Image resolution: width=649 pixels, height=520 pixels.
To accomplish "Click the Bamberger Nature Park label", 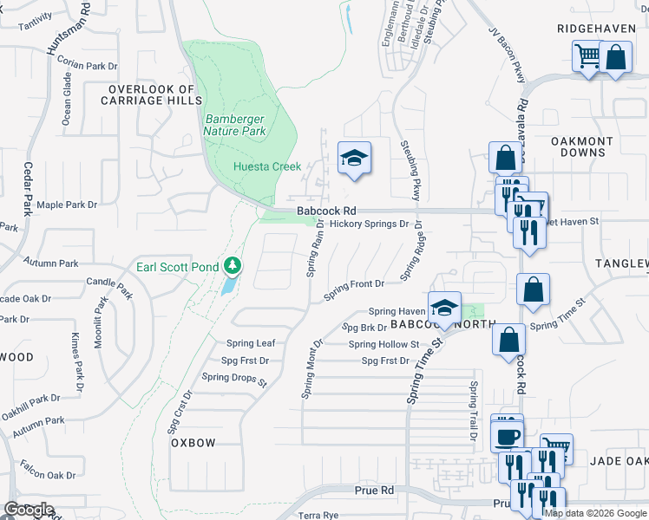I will pos(235,125).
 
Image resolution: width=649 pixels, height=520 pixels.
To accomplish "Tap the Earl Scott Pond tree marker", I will pos(232,265).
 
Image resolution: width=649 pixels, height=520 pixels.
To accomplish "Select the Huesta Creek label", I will pos(266,166).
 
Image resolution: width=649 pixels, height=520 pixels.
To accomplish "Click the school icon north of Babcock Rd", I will pos(354,158).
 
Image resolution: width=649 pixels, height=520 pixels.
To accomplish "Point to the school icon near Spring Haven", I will pos(444,308).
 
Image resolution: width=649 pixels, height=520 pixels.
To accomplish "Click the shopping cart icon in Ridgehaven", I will pos(587,56).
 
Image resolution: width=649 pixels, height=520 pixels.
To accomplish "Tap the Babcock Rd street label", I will pos(326,211).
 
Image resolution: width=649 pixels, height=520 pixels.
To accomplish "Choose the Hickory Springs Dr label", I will pos(368,224).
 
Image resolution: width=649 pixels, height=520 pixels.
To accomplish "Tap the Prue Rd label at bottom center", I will pos(375,491).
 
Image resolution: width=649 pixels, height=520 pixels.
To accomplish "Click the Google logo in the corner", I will pos(29,510).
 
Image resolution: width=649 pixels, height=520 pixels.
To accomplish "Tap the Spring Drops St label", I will pos(234,377).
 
